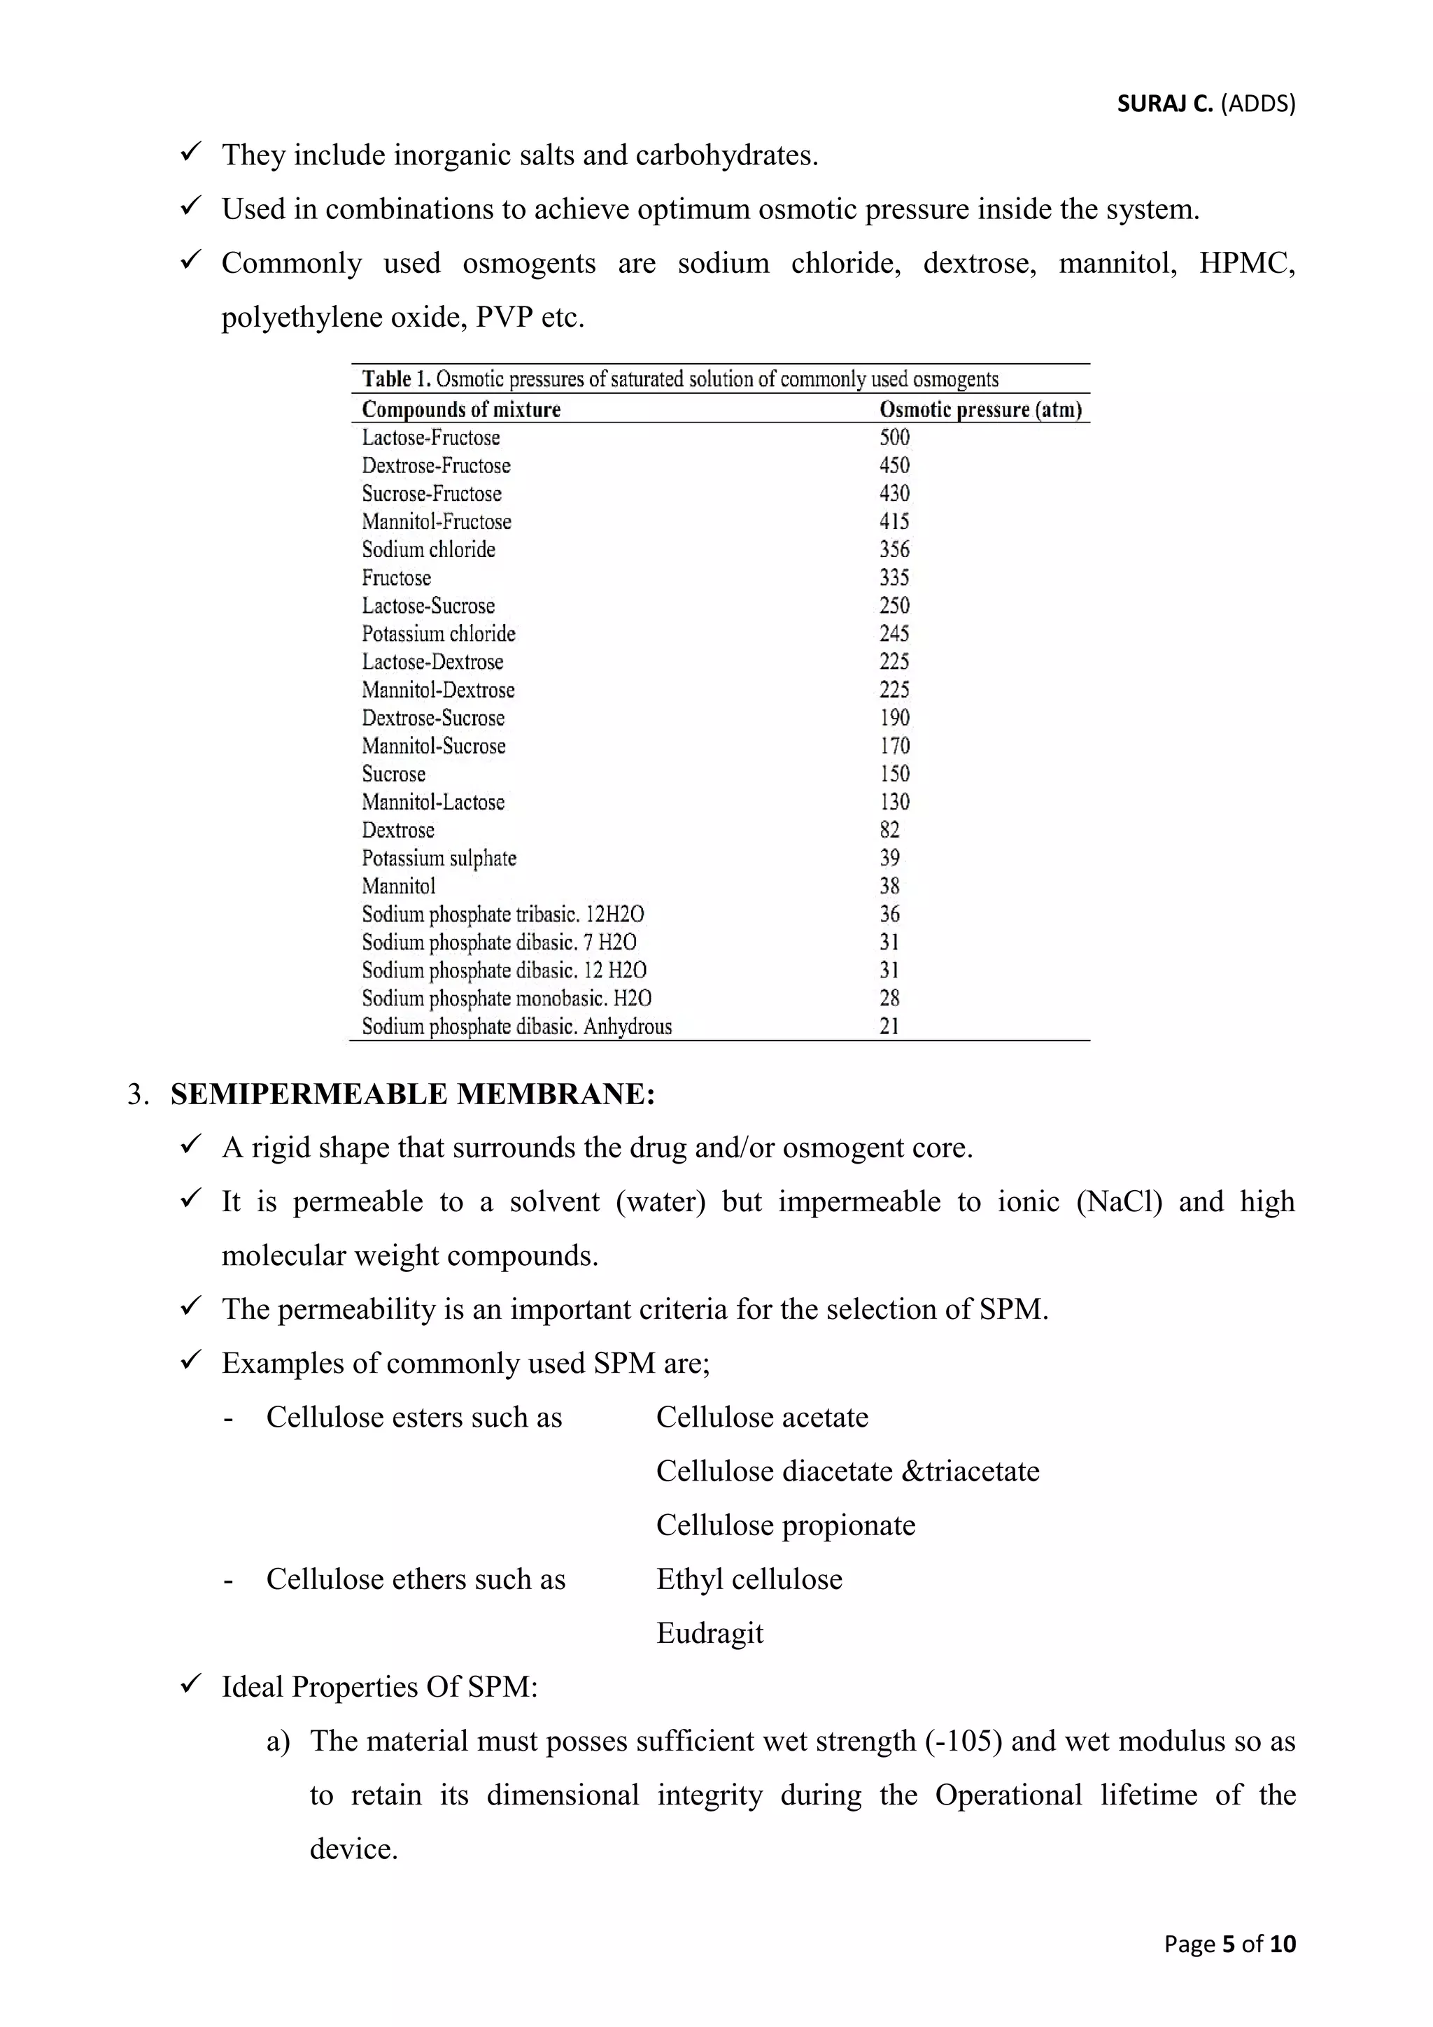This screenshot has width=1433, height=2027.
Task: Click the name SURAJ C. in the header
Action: (x=1164, y=104)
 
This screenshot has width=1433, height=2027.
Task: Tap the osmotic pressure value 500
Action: (x=894, y=437)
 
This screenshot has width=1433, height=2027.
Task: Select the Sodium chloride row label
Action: (x=428, y=549)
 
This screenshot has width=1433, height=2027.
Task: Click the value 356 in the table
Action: (x=894, y=549)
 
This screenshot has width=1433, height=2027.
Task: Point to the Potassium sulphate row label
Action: (x=439, y=858)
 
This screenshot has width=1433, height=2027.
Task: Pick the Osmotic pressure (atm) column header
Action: (x=980, y=409)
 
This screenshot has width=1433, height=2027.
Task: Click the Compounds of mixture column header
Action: (x=461, y=409)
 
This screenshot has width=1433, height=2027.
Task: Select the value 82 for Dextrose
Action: (x=889, y=830)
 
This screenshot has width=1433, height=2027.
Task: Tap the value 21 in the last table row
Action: (x=889, y=1026)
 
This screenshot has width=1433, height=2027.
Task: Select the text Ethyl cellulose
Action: (x=749, y=1578)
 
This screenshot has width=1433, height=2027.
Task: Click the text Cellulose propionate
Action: (x=785, y=1525)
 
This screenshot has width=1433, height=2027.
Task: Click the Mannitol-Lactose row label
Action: (x=432, y=802)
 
